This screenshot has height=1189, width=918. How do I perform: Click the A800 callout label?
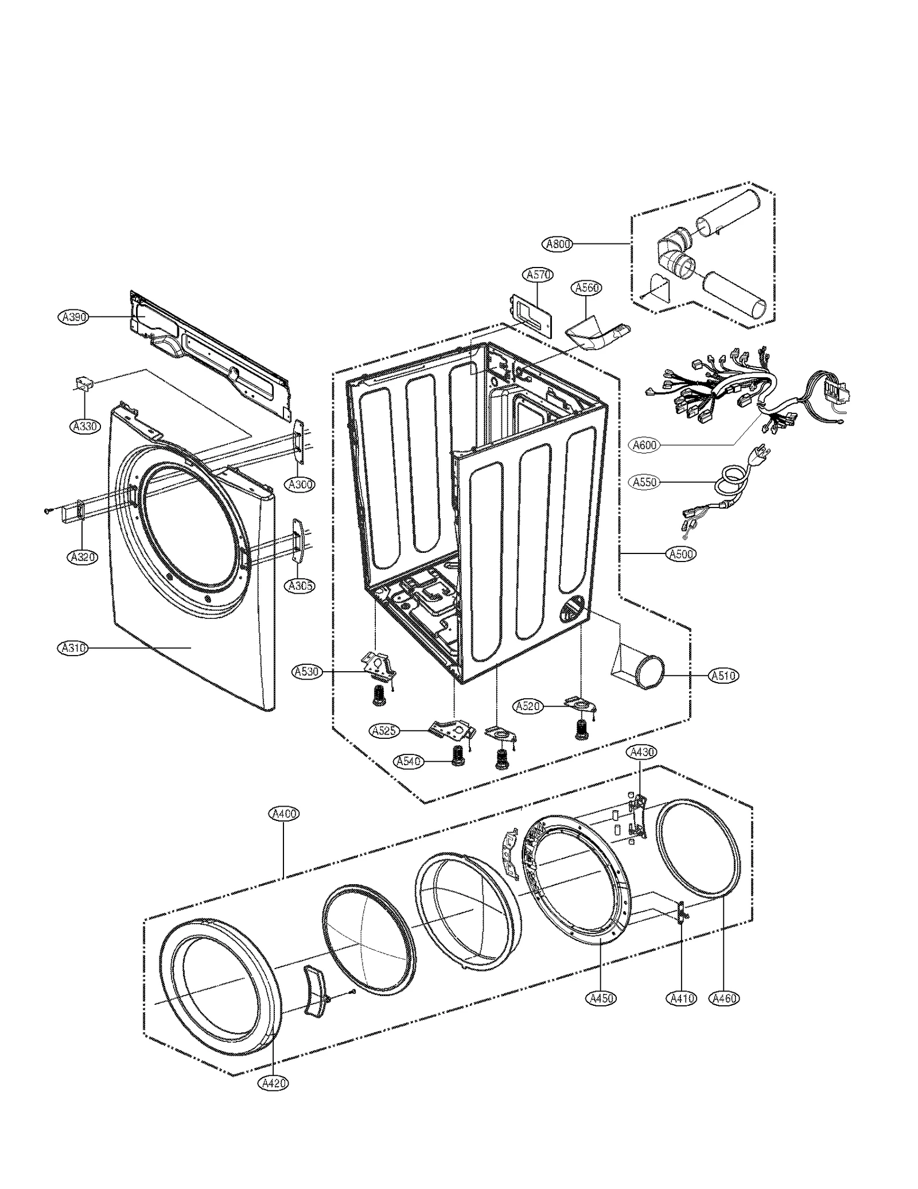click(557, 244)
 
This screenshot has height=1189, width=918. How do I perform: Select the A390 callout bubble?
click(73, 316)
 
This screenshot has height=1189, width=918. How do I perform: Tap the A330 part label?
click(85, 427)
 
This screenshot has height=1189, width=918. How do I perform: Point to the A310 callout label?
click(73, 648)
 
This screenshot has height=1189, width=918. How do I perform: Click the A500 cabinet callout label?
click(681, 554)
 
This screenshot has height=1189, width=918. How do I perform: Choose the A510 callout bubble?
click(723, 676)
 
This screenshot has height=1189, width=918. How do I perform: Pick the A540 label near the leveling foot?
click(409, 761)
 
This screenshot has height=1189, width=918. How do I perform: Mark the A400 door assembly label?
click(284, 814)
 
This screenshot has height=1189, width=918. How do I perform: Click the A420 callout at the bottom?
click(273, 1083)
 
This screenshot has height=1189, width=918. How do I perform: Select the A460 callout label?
click(723, 998)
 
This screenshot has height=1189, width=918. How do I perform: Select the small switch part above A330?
click(84, 384)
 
